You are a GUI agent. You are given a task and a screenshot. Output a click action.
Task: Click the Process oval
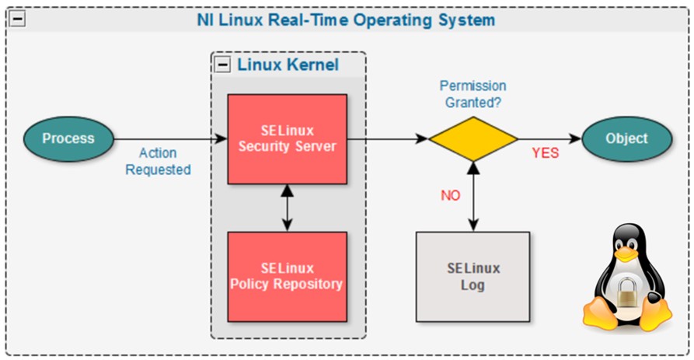click(x=68, y=139)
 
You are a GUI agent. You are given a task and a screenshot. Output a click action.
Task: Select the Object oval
click(x=626, y=139)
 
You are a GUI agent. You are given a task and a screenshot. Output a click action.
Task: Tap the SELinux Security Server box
click(x=287, y=139)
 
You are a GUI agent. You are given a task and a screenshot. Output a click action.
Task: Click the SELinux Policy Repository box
click(x=287, y=276)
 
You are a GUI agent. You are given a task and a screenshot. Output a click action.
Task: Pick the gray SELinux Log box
click(x=473, y=276)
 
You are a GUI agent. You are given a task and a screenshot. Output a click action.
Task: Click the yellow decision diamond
click(x=473, y=139)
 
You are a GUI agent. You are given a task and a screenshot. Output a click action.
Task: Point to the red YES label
click(x=545, y=153)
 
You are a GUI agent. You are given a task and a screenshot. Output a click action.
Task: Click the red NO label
click(x=451, y=195)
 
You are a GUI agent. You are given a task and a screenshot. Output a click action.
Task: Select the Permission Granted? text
click(x=473, y=93)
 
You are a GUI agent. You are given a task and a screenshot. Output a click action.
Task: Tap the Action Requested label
click(x=158, y=162)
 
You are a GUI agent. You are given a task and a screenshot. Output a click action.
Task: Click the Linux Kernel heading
click(x=288, y=65)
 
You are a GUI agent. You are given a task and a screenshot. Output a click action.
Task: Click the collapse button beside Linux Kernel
click(x=223, y=65)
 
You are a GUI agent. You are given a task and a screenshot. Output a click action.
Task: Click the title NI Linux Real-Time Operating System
click(x=346, y=19)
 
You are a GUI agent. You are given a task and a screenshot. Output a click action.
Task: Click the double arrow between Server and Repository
click(x=287, y=208)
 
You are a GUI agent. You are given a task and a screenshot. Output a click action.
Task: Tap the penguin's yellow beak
click(x=626, y=254)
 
